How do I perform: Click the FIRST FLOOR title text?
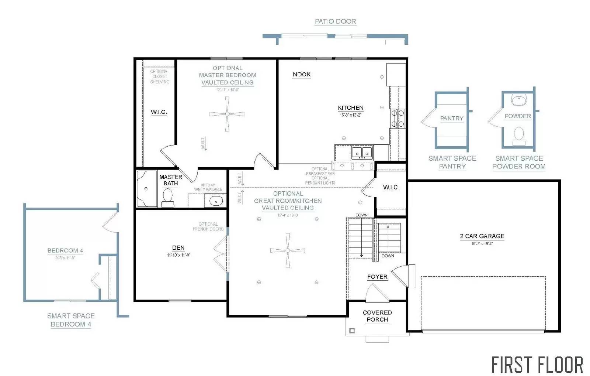click(537, 365)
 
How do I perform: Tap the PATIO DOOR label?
click(335, 21)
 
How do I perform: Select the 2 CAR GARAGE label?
click(482, 236)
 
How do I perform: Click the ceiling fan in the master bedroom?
click(227, 114)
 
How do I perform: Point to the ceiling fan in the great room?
click(288, 251)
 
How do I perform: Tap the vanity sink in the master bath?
click(216, 201)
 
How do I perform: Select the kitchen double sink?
click(361, 152)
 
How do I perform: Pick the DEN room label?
click(178, 248)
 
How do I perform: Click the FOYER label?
click(377, 277)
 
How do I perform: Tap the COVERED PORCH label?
click(377, 316)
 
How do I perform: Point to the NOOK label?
click(302, 74)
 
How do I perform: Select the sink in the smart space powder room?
click(519, 100)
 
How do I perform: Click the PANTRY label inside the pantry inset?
click(451, 118)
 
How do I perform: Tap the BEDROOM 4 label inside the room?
click(65, 250)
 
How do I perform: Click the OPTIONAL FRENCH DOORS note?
click(208, 226)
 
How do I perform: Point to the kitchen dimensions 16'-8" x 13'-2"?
click(350, 115)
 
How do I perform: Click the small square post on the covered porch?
click(352, 331)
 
